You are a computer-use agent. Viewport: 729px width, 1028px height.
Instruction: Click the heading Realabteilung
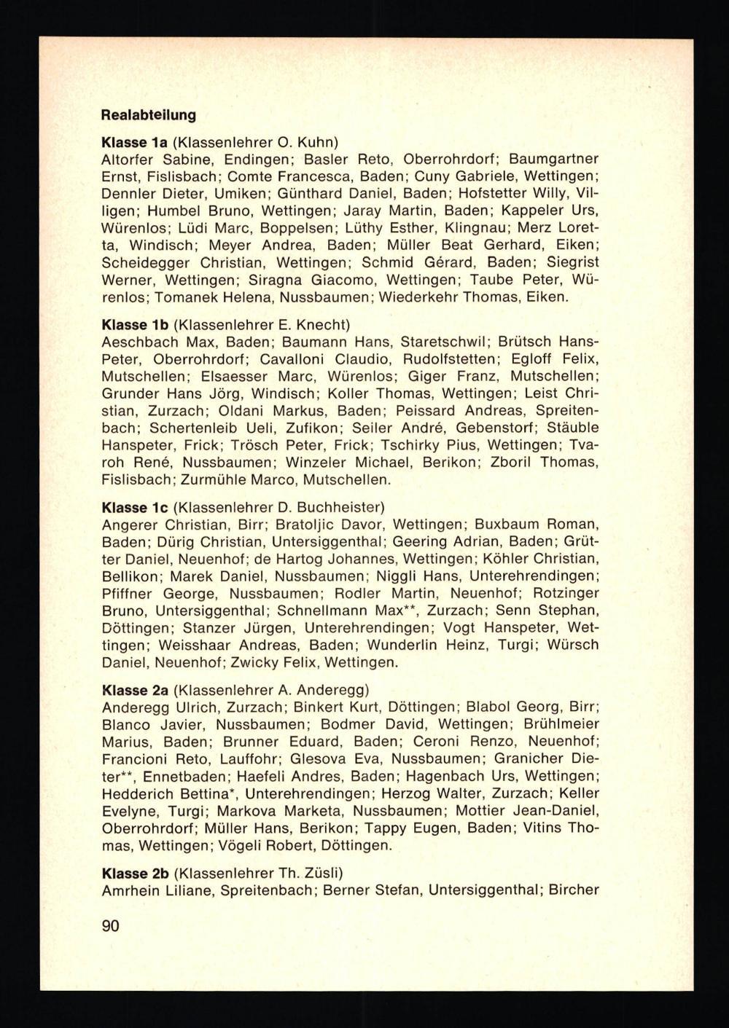point(149,115)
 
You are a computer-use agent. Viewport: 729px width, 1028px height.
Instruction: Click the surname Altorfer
point(128,159)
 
